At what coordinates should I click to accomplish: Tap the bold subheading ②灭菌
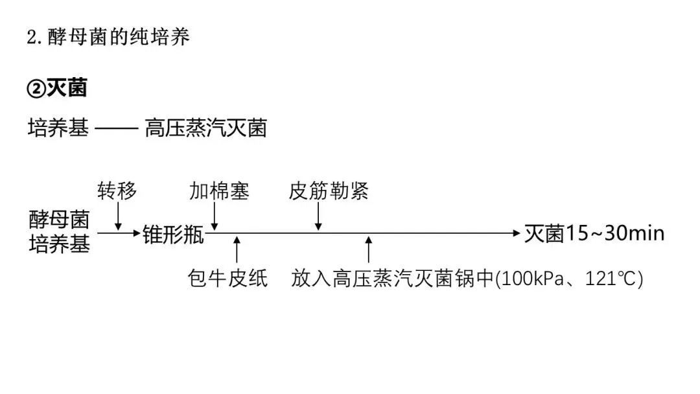tap(57, 88)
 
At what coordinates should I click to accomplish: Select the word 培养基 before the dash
tap(58, 128)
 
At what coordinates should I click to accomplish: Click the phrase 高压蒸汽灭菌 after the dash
tap(205, 128)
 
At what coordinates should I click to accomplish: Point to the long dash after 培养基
tap(117, 128)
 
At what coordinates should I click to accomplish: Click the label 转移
tap(117, 192)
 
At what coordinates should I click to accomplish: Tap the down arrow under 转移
tap(118, 216)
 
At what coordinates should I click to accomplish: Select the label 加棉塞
tap(219, 192)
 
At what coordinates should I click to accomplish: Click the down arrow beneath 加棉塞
tap(214, 216)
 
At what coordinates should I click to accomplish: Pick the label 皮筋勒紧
tap(329, 192)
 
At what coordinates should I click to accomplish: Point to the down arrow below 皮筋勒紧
tap(318, 216)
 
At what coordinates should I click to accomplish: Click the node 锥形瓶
tap(173, 235)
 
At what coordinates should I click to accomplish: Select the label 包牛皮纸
tap(227, 279)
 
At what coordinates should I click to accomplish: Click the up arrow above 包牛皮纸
tap(237, 249)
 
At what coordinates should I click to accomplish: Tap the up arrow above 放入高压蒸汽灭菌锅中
tap(369, 249)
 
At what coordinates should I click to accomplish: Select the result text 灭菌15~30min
tap(594, 233)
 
